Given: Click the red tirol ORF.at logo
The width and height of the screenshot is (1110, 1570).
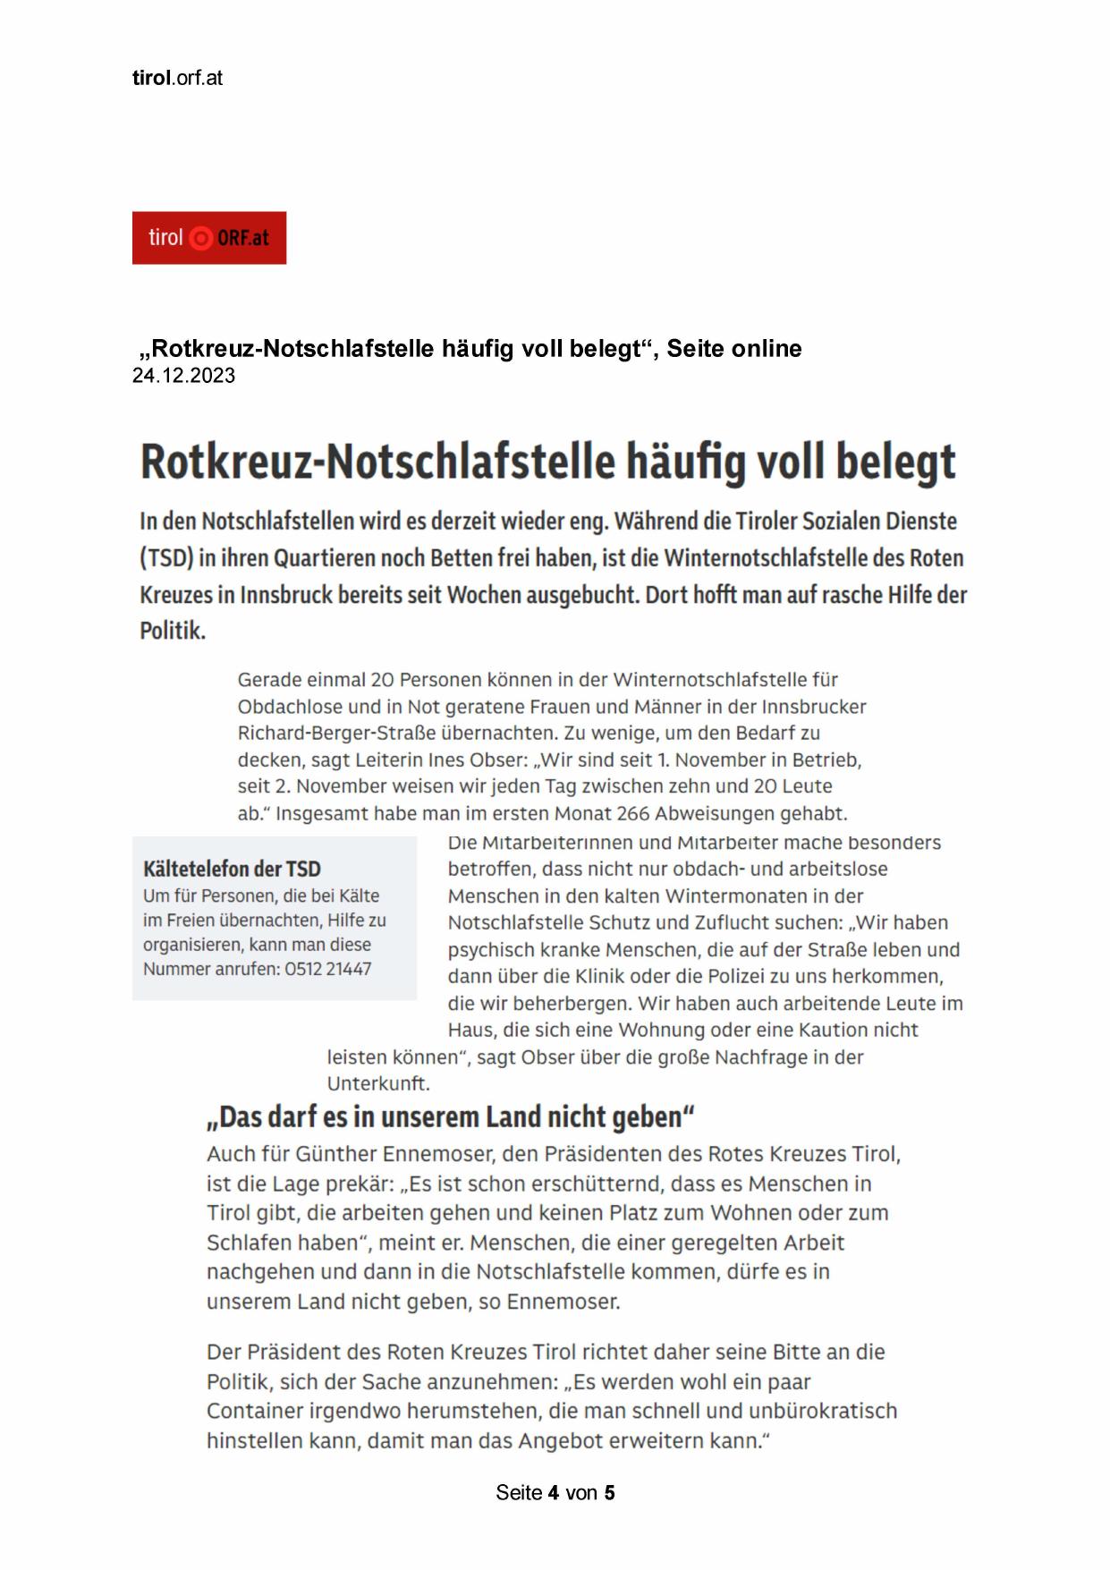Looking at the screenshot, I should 209,238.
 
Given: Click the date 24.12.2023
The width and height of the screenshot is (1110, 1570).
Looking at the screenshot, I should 183,376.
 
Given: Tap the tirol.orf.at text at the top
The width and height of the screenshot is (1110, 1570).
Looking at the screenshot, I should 177,78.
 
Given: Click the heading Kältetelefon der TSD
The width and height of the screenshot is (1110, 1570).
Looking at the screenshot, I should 232,869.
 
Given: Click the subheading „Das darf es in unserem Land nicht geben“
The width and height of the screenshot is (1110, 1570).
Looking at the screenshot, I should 451,1117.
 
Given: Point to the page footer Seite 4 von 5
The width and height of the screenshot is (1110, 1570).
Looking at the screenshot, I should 555,1492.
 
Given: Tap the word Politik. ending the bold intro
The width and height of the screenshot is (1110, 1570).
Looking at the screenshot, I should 173,631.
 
